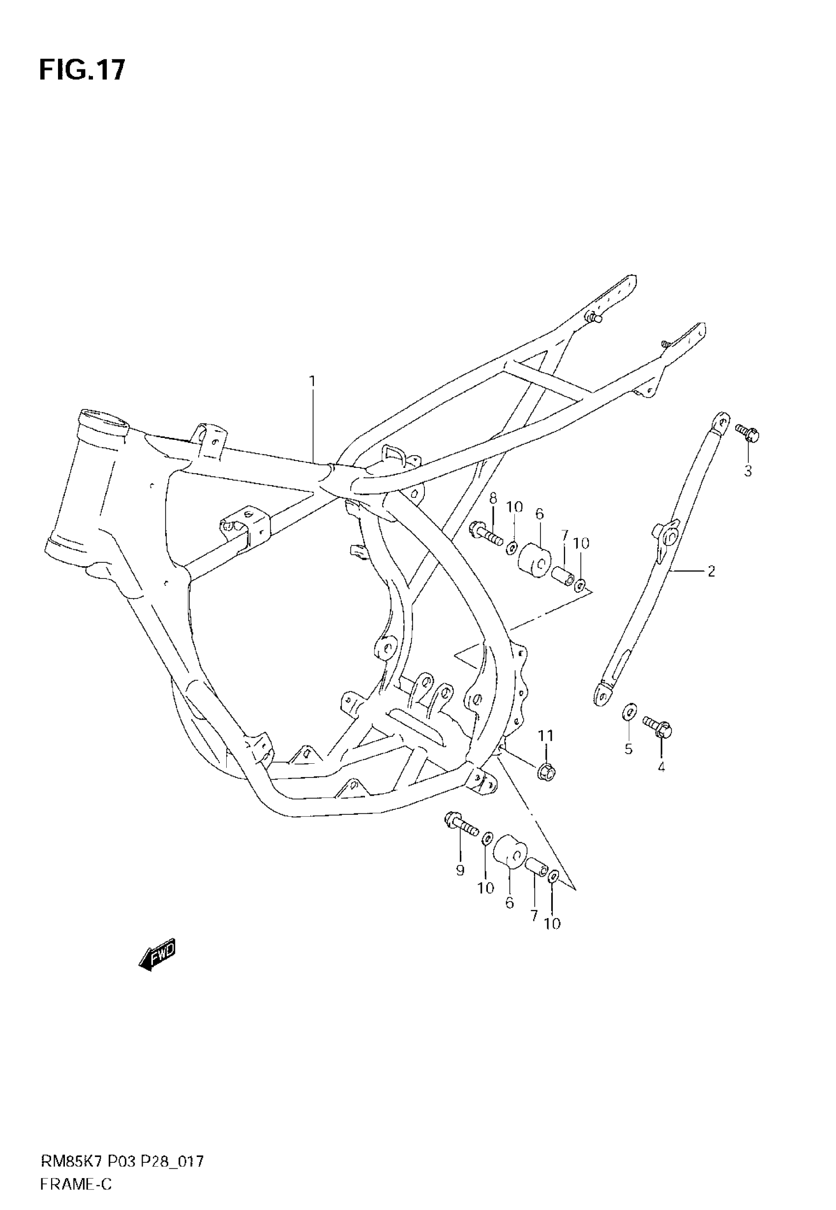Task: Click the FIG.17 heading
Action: click(82, 70)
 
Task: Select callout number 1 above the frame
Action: click(313, 381)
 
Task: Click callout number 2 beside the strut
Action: click(711, 571)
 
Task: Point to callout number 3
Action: click(747, 471)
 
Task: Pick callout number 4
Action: click(661, 767)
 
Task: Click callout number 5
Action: click(628, 749)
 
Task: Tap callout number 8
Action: click(492, 498)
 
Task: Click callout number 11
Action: click(546, 736)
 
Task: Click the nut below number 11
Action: click(546, 772)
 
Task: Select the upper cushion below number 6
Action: click(534, 560)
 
